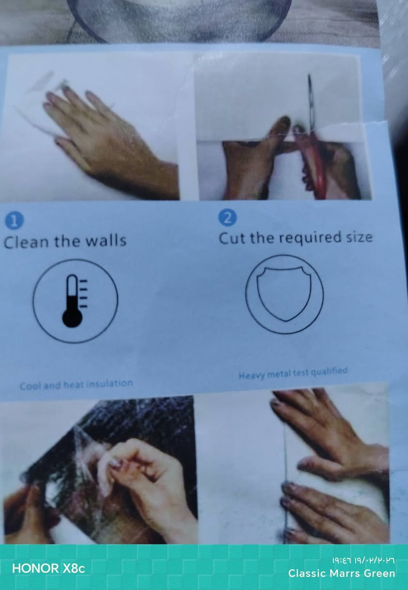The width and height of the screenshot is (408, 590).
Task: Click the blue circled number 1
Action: (x=15, y=220)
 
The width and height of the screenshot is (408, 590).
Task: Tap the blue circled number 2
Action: (x=227, y=217)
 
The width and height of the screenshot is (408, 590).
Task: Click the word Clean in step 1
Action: (x=27, y=242)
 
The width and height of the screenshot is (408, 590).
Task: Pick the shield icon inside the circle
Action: (x=284, y=294)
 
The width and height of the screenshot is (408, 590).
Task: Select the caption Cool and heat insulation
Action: (x=76, y=385)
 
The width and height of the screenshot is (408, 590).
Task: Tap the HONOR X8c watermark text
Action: (x=48, y=568)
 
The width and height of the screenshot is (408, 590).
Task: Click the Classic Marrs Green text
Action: (x=341, y=574)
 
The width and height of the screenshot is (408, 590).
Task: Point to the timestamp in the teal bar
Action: (x=363, y=560)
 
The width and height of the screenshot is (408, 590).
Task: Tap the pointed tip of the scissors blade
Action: (x=309, y=75)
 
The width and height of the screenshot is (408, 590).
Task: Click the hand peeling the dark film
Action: (x=148, y=487)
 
